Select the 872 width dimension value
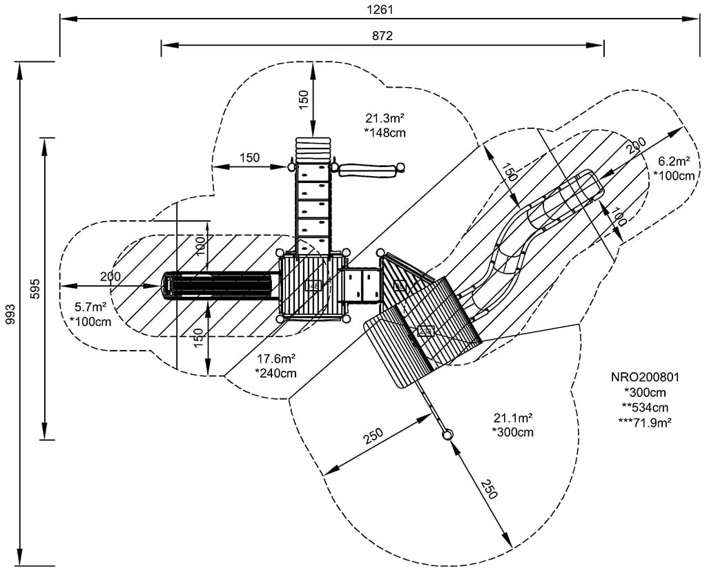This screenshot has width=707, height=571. (381, 36)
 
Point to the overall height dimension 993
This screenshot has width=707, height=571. (9, 314)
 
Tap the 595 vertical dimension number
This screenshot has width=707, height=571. (36, 289)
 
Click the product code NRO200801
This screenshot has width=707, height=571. (646, 378)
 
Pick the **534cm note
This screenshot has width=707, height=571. (646, 407)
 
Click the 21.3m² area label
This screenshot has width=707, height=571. (385, 118)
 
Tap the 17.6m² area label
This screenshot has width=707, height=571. (276, 359)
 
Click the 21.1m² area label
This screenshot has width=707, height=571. (512, 418)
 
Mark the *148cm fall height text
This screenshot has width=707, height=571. (385, 133)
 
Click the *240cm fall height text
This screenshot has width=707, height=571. (276, 374)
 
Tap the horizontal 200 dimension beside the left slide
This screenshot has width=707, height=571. (110, 277)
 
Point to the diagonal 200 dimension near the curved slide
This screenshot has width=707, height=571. (636, 146)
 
